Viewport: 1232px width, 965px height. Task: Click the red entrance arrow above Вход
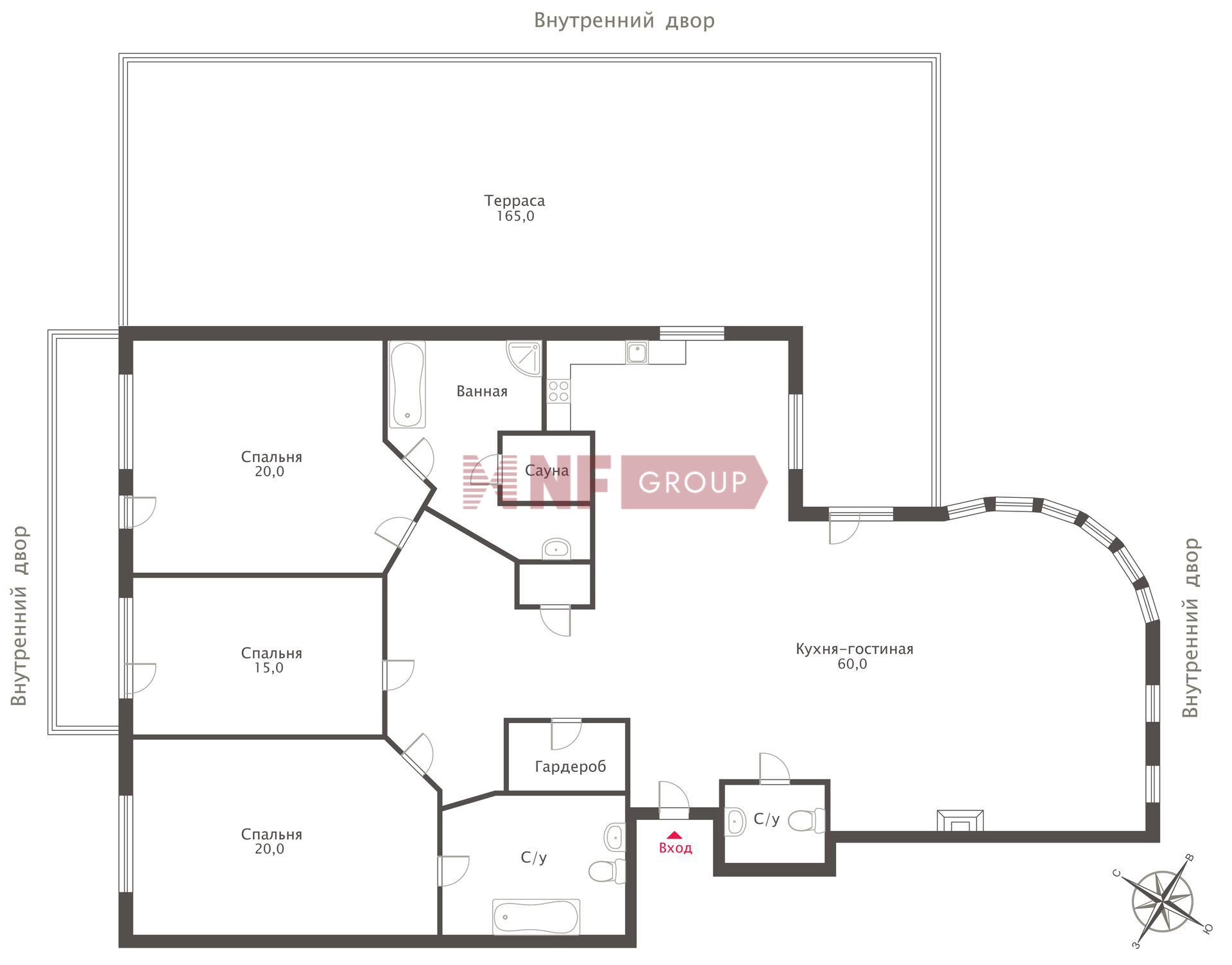pyautogui.click(x=674, y=835)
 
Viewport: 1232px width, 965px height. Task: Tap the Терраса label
pyautogui.click(x=515, y=201)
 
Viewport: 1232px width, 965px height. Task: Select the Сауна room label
pyautogui.click(x=547, y=470)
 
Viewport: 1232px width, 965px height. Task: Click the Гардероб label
pyautogui.click(x=570, y=766)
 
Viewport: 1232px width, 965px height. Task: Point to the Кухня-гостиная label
pyautogui.click(x=854, y=649)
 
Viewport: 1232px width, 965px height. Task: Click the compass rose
pyautogui.click(x=1162, y=902)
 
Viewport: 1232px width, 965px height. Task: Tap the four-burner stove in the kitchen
pyautogui.click(x=558, y=391)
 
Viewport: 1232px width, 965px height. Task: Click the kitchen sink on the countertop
pyautogui.click(x=637, y=352)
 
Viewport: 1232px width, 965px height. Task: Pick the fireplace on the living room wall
pyautogui.click(x=960, y=821)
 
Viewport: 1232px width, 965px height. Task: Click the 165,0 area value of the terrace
pyautogui.click(x=515, y=216)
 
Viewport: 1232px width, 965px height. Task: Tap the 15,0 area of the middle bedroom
pyautogui.click(x=269, y=668)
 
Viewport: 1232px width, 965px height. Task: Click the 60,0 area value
pyautogui.click(x=852, y=664)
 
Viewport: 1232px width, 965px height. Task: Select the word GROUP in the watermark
pyautogui.click(x=693, y=482)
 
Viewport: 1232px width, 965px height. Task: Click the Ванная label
pyautogui.click(x=482, y=391)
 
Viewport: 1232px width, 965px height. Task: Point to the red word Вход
pyautogui.click(x=676, y=848)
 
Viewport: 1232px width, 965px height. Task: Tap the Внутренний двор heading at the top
pyautogui.click(x=624, y=21)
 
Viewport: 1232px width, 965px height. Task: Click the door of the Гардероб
pyautogui.click(x=566, y=734)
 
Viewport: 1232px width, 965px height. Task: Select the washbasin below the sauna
pyautogui.click(x=556, y=549)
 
